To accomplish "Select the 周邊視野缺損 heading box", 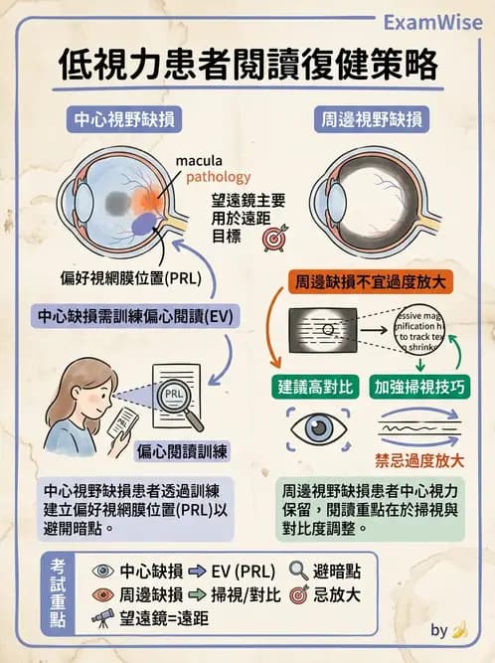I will tap(372, 121).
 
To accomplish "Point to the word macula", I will tap(199, 161).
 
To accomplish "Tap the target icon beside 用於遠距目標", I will tap(272, 240).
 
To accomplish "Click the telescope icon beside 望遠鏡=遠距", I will tap(101, 617).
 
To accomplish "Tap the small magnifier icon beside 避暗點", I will tap(298, 571).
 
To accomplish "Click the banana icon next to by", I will tap(458, 629).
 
